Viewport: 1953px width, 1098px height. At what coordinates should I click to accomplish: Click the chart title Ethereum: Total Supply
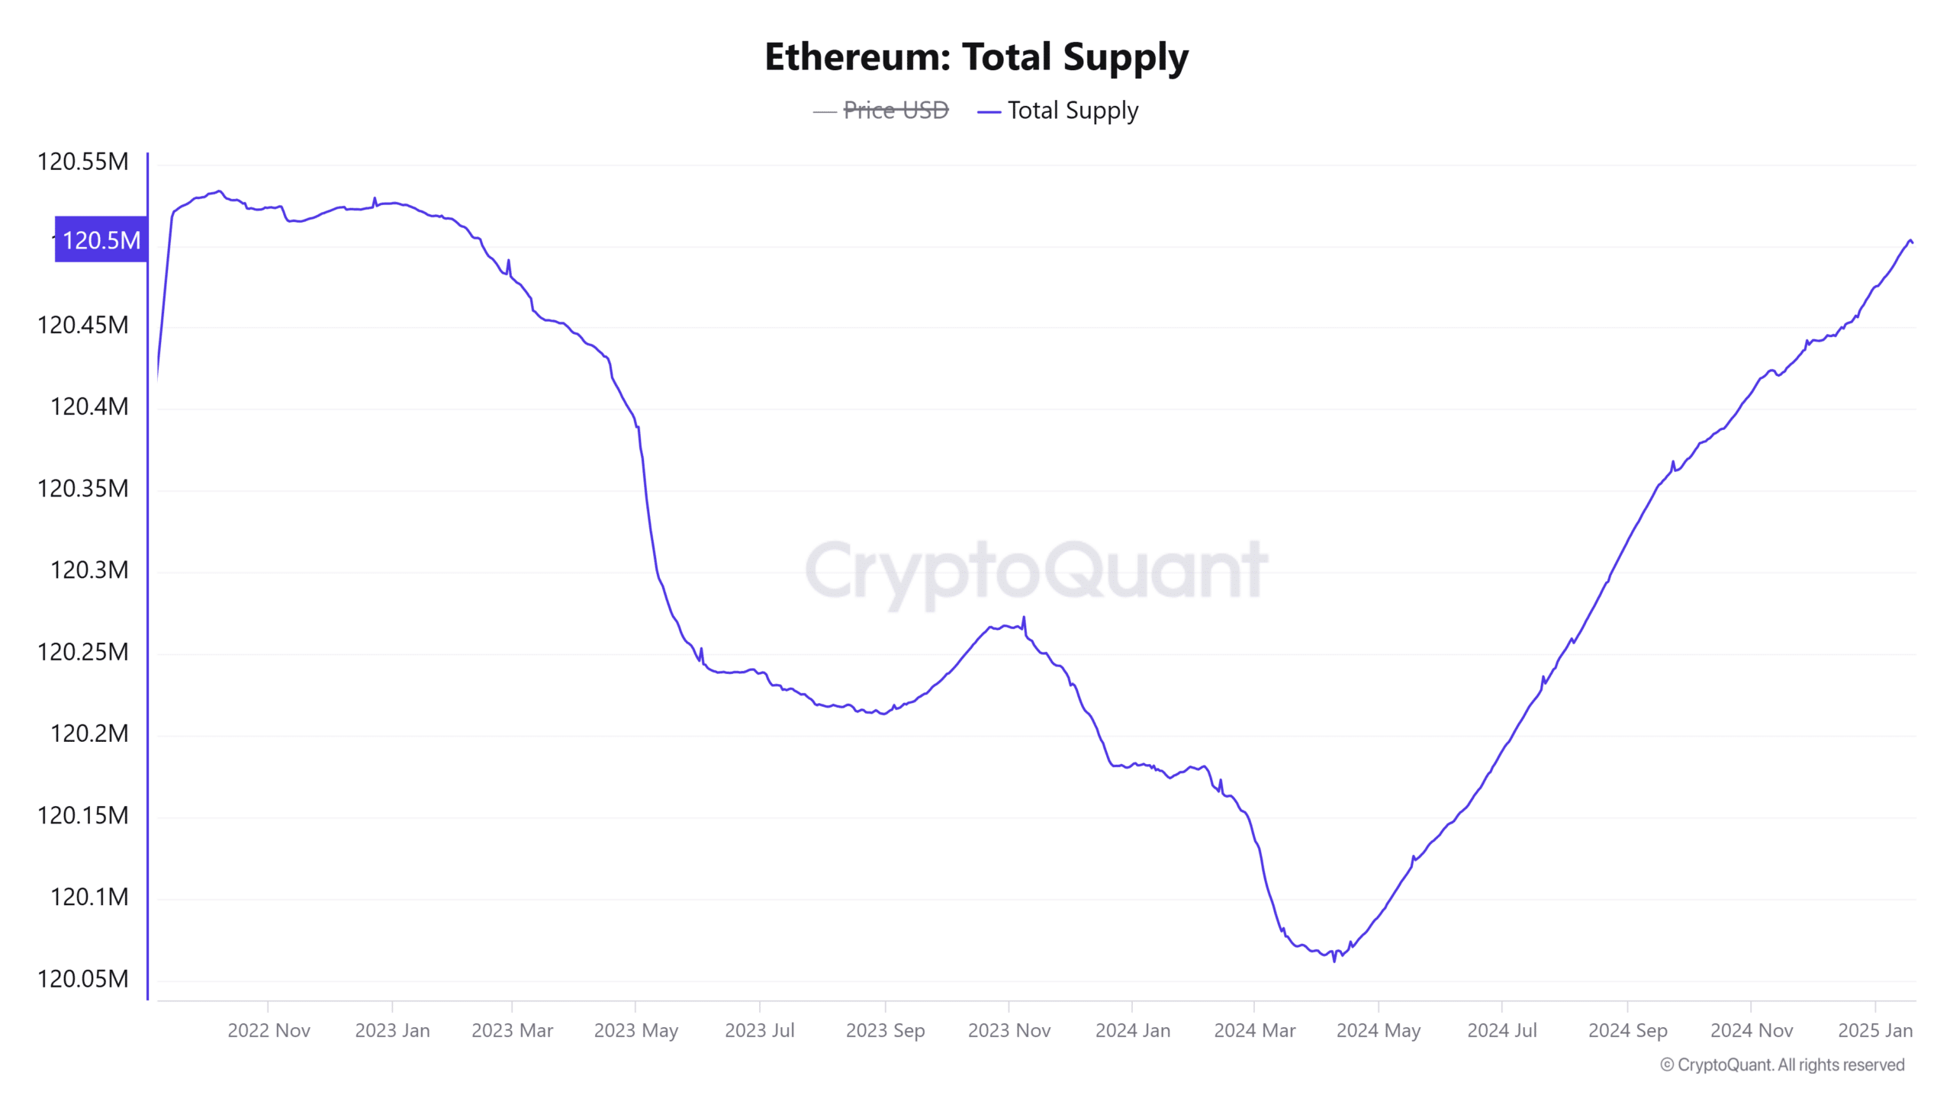click(976, 57)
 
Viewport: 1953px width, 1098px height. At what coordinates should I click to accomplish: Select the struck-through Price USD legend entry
click(895, 111)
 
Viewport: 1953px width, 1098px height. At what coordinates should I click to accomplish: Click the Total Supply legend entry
click(1072, 111)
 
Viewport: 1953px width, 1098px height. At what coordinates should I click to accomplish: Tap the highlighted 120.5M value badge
click(101, 240)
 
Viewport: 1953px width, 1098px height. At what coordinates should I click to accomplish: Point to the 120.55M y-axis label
click(82, 162)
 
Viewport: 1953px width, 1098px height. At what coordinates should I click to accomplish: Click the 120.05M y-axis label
click(82, 978)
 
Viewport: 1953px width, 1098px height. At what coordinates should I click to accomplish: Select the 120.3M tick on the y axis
click(88, 570)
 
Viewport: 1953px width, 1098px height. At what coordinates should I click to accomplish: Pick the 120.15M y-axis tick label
click(82, 815)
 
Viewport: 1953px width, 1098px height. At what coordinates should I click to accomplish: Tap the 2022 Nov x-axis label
click(269, 1030)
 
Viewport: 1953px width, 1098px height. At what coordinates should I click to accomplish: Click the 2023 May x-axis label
click(635, 1030)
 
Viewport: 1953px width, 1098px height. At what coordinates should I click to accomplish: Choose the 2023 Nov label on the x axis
click(1009, 1030)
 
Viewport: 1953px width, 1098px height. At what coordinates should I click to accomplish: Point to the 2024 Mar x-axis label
click(1254, 1030)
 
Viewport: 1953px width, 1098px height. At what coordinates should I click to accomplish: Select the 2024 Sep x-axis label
click(1627, 1030)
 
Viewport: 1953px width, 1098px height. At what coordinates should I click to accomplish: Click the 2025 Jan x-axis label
click(1874, 1030)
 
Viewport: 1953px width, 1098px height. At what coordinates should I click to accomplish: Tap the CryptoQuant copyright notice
click(1782, 1064)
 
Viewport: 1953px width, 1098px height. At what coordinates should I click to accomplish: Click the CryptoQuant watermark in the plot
click(1036, 570)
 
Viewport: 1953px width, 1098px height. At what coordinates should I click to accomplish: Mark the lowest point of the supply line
click(1334, 961)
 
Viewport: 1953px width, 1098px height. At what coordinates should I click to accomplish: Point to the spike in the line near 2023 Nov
click(1024, 618)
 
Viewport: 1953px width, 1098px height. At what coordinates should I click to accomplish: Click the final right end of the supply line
click(1912, 242)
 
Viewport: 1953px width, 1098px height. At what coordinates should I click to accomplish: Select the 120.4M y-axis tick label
click(88, 406)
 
